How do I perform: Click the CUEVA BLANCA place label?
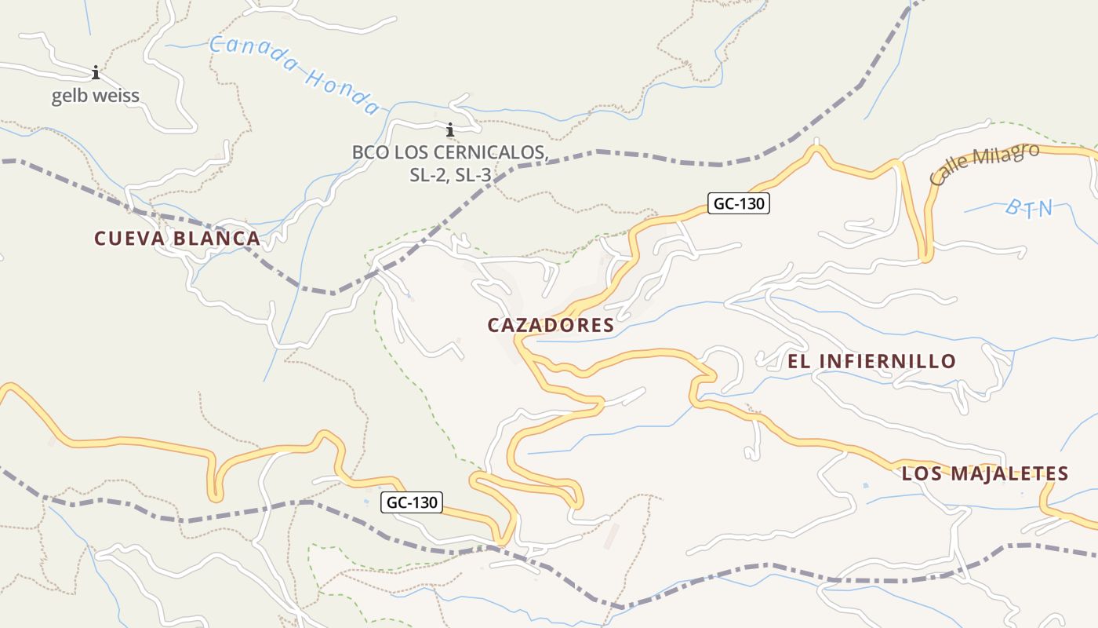(x=176, y=239)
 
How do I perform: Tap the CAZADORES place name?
(x=551, y=325)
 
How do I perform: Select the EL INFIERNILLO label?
(x=871, y=361)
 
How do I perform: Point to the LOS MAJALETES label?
(x=985, y=473)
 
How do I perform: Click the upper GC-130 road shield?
(x=738, y=204)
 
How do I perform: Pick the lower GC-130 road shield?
(x=412, y=502)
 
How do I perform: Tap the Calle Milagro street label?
(x=984, y=164)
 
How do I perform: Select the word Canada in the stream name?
(x=252, y=56)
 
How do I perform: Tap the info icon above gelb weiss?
(x=96, y=73)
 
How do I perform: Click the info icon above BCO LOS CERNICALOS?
(x=450, y=130)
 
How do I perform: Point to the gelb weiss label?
(x=95, y=97)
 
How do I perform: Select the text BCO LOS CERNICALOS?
(x=449, y=152)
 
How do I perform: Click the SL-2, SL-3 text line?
(x=450, y=175)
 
